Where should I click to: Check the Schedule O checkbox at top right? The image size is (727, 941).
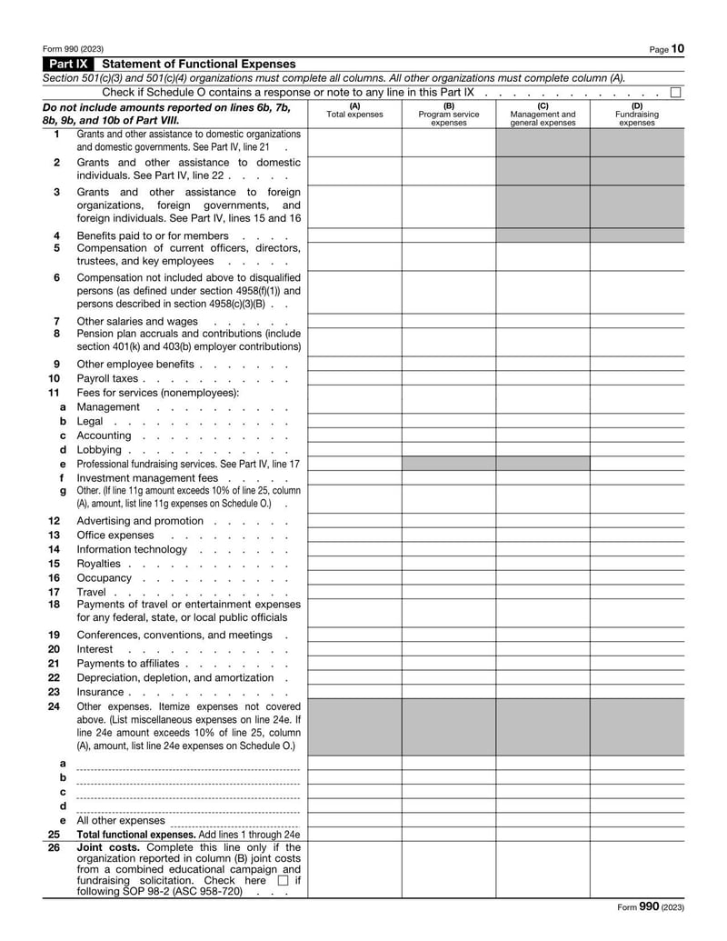coord(675,93)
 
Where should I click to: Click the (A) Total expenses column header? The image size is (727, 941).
coord(354,114)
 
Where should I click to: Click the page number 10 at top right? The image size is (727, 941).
coord(679,48)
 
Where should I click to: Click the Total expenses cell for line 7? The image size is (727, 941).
coord(354,321)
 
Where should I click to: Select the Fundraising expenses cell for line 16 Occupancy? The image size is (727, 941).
coord(636,578)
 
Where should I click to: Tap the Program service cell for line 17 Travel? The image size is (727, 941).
coord(449,592)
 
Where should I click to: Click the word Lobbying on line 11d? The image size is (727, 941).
coord(99,450)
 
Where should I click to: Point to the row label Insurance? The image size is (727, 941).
coord(102,692)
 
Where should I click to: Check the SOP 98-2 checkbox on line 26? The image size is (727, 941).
coord(283,880)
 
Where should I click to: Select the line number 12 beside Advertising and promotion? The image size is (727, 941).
coord(55,521)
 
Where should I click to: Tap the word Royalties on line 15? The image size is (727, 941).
coord(98,564)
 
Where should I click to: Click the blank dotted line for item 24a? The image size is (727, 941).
coord(188,765)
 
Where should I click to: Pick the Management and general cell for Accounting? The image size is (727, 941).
coord(543,435)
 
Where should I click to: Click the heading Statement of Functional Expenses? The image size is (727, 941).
coord(199,65)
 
